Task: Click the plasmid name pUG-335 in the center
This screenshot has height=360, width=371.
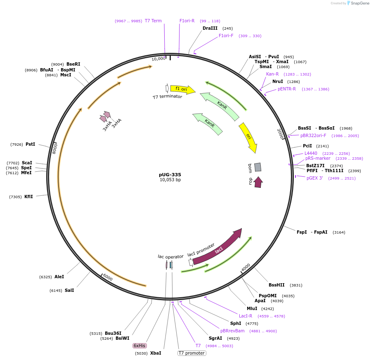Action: pos(170,175)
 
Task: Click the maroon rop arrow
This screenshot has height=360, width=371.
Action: pos(258,182)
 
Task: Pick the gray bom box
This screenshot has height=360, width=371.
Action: pos(258,167)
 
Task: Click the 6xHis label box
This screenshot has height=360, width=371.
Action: pos(139,346)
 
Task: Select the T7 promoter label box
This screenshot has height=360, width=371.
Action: pos(191,353)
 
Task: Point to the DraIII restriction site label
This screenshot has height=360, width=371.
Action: pos(210,28)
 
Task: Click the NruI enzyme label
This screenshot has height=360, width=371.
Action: pos(278,82)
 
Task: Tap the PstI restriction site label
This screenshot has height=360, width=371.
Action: pos(31,144)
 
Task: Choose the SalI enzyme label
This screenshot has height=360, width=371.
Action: pos(69,290)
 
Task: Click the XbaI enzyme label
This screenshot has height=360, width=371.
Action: pos(156,353)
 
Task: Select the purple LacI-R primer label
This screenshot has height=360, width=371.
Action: pos(246,316)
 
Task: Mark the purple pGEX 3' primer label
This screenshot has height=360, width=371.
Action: pos(314,178)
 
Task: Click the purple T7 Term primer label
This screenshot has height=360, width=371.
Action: pos(153,21)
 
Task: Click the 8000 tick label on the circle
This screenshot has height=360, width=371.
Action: pos(54,148)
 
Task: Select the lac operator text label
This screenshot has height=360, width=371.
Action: pos(170,256)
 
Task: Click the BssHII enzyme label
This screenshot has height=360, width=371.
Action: pos(276,285)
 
